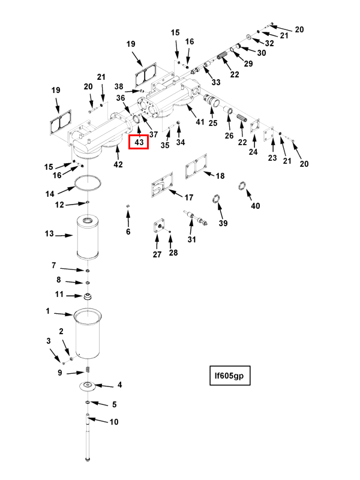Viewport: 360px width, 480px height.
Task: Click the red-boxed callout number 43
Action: (x=139, y=142)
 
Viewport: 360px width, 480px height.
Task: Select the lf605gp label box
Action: (x=230, y=376)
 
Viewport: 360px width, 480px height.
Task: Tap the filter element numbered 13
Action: (x=88, y=236)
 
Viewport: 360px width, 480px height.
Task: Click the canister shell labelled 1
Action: (x=88, y=334)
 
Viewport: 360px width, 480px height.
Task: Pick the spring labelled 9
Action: (x=88, y=370)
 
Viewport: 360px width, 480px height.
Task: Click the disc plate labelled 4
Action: (x=88, y=386)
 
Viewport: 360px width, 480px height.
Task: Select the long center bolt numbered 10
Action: (x=88, y=437)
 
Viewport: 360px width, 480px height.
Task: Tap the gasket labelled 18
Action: (x=196, y=167)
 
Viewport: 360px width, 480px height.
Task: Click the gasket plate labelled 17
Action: (x=162, y=185)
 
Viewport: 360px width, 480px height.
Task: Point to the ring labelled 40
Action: (x=242, y=185)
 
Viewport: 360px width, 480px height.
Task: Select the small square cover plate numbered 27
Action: (x=159, y=227)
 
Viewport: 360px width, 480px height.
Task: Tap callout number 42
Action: (x=118, y=164)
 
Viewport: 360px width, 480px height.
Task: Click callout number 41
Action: (x=200, y=122)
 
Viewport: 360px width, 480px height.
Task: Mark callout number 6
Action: (x=128, y=232)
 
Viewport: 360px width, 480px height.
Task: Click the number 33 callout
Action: (x=216, y=82)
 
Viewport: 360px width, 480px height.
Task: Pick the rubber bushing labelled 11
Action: (x=88, y=296)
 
